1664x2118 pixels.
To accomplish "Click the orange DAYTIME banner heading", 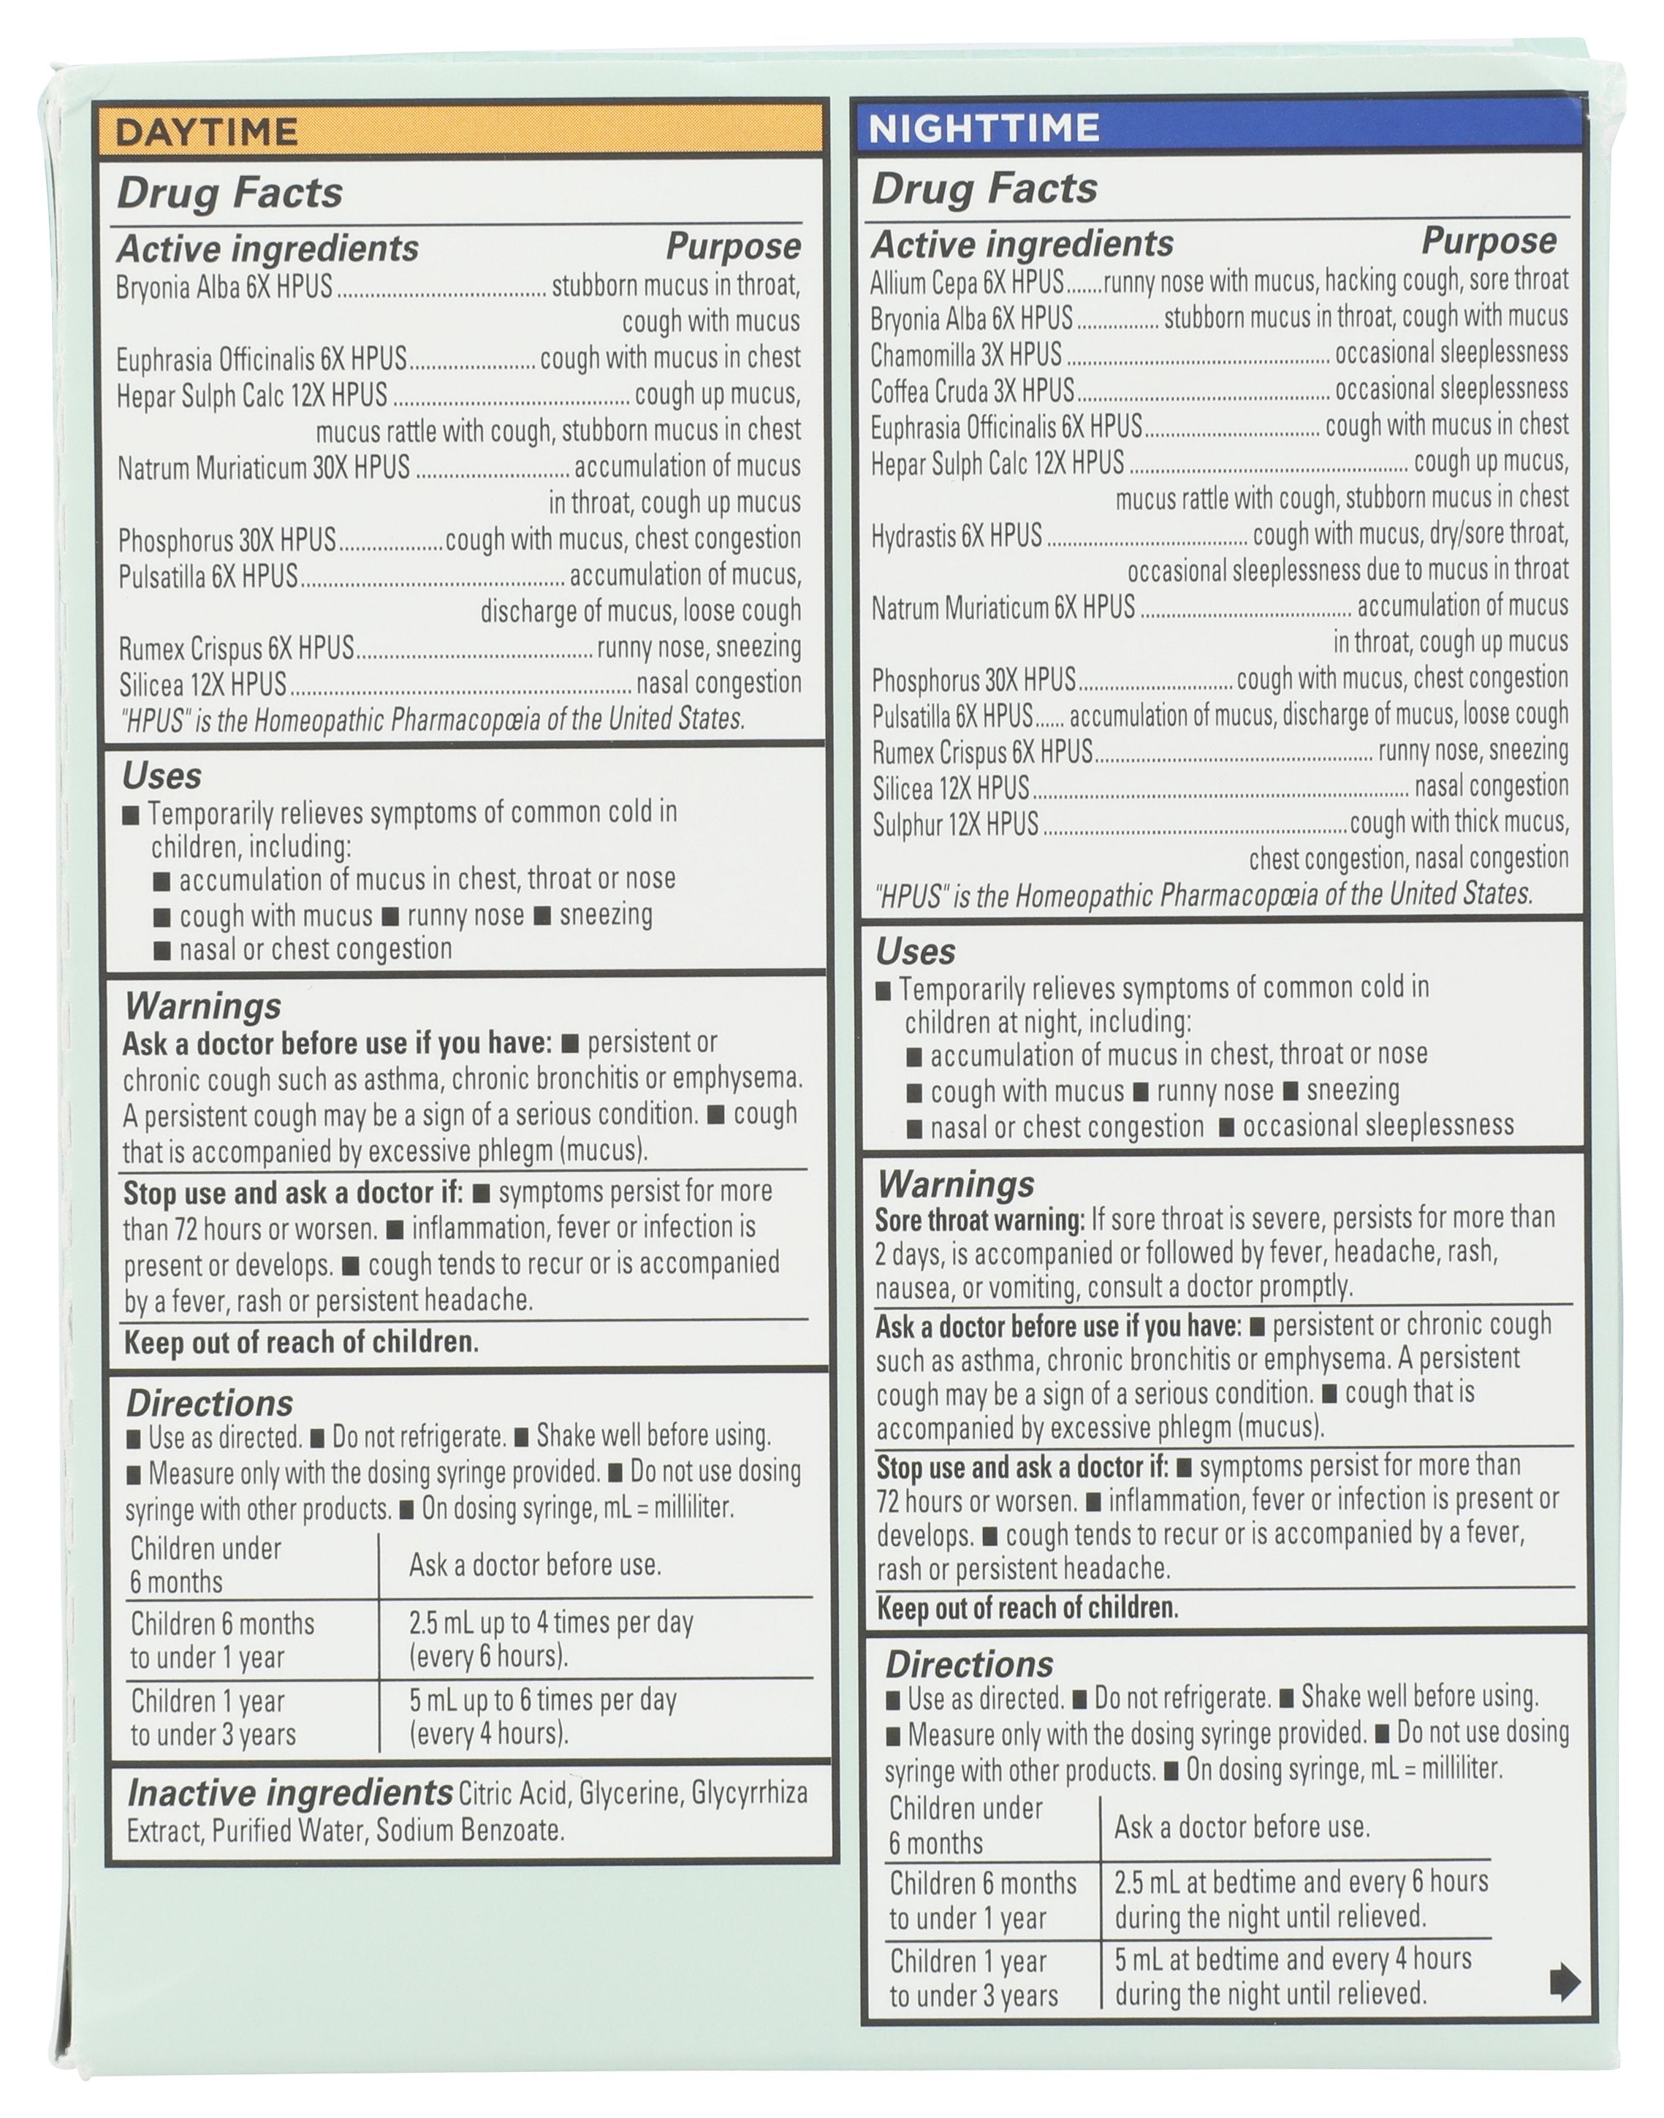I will (207, 132).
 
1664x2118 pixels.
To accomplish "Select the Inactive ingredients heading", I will (289, 1793).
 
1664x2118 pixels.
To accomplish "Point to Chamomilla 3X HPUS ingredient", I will (965, 354).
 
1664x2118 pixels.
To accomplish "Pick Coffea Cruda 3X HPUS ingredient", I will (971, 390).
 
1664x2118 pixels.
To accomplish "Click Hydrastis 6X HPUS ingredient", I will (956, 536).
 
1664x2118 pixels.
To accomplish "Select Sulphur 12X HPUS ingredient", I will (954, 825).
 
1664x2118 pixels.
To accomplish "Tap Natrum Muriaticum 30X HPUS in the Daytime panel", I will (263, 468).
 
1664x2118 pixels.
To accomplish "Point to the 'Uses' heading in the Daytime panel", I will (161, 776).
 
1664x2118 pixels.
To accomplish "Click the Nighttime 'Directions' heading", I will (968, 1664).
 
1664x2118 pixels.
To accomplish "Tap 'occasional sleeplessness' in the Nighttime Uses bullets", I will (1378, 1126).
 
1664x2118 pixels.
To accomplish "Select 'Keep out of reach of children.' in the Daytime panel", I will (301, 1343).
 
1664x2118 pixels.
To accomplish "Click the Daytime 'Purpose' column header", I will (733, 246).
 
